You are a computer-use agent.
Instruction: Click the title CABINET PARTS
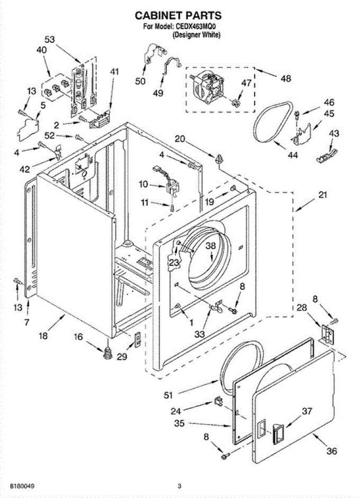(178, 16)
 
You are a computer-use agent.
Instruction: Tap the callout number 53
(49, 39)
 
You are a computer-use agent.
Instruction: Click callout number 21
(323, 195)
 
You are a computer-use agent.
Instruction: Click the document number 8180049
(22, 485)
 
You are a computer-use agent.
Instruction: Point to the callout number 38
(210, 246)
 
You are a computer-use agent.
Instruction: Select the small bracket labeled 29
(138, 339)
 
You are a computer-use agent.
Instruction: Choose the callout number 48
(286, 78)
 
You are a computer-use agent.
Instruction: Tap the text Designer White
(197, 35)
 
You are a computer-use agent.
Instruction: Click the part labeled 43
(326, 155)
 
